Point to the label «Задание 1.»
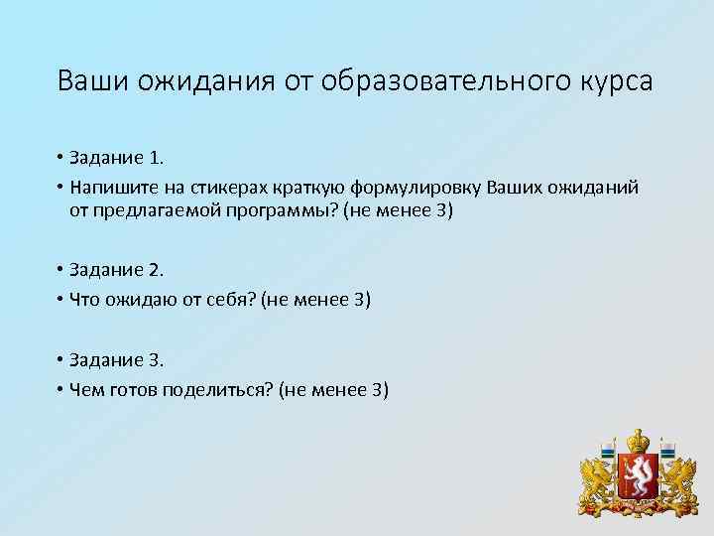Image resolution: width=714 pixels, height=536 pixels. (116, 156)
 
